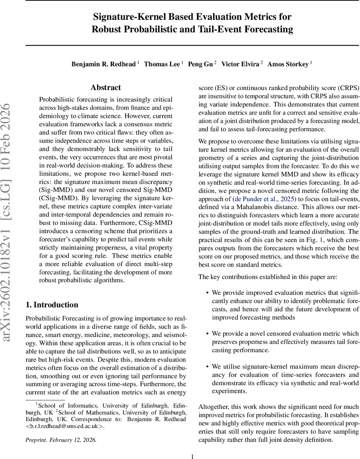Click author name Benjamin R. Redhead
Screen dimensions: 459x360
click(x=104, y=64)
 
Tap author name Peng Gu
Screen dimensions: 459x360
click(x=200, y=64)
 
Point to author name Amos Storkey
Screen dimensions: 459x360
click(x=288, y=64)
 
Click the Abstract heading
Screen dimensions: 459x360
click(x=106, y=88)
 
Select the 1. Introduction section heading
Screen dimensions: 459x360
click(x=52, y=304)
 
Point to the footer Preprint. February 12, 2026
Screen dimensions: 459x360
click(x=61, y=440)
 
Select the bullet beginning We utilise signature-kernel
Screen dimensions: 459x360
click(x=285, y=374)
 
